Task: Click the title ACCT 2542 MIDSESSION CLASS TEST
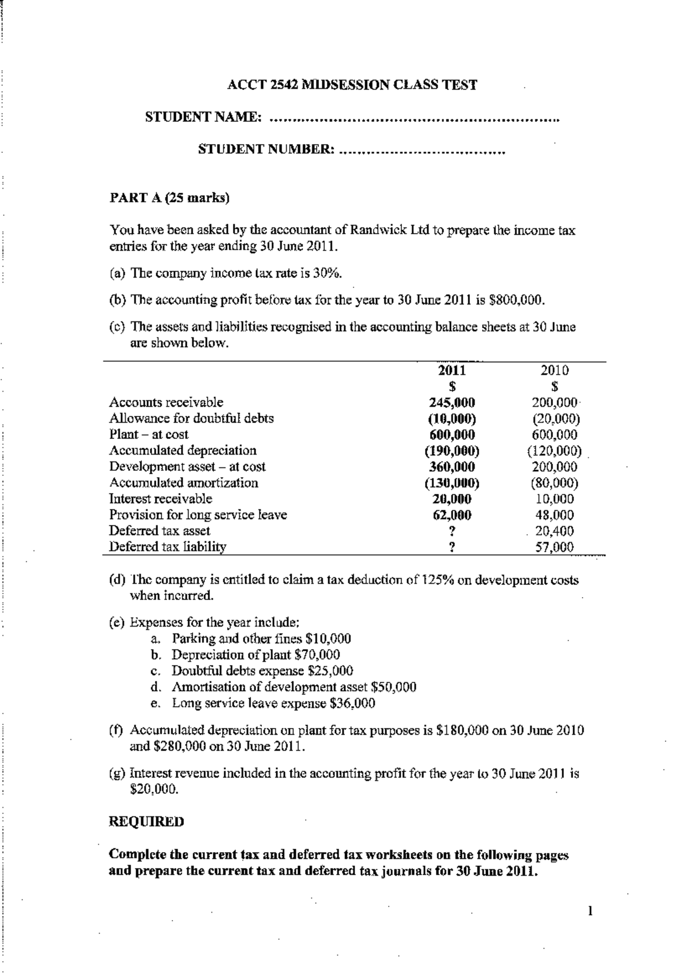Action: coord(352,85)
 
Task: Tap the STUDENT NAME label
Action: coord(204,117)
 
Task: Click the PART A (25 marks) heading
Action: coord(169,198)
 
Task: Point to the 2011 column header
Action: coord(452,370)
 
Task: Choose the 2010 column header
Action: coord(554,370)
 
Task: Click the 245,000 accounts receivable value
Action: coord(452,403)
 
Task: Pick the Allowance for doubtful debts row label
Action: coord(191,418)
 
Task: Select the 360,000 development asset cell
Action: coord(452,467)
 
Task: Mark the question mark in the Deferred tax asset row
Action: coord(452,531)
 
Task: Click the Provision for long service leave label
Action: coord(198,515)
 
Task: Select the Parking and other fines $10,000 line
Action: coord(261,639)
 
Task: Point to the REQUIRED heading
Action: coord(146,822)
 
